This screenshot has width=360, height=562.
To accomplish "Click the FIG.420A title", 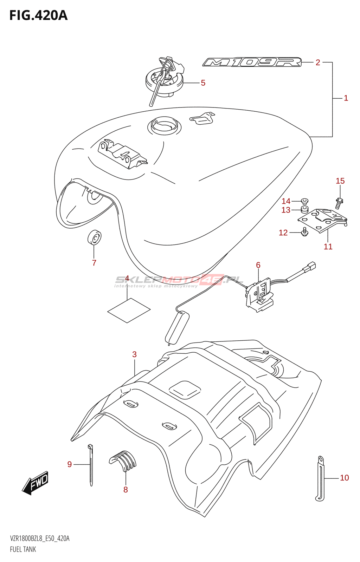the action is [38, 15].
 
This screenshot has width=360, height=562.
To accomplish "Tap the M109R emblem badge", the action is [252, 63].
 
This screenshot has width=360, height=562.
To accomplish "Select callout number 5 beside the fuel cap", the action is [203, 83].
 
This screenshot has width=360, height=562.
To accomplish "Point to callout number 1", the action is [346, 98].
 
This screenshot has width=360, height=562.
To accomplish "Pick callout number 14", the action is [286, 201].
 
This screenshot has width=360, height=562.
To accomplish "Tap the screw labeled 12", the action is [304, 231].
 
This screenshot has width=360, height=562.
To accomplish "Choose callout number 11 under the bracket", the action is [328, 247].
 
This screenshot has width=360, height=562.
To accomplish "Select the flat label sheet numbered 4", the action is [129, 310].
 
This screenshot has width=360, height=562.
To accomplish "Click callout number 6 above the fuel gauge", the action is [258, 265].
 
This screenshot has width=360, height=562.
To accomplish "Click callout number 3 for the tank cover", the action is [134, 354].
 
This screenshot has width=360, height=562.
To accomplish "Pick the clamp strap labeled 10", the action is [320, 478].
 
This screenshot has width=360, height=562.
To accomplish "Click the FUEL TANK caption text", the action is [23, 549].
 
